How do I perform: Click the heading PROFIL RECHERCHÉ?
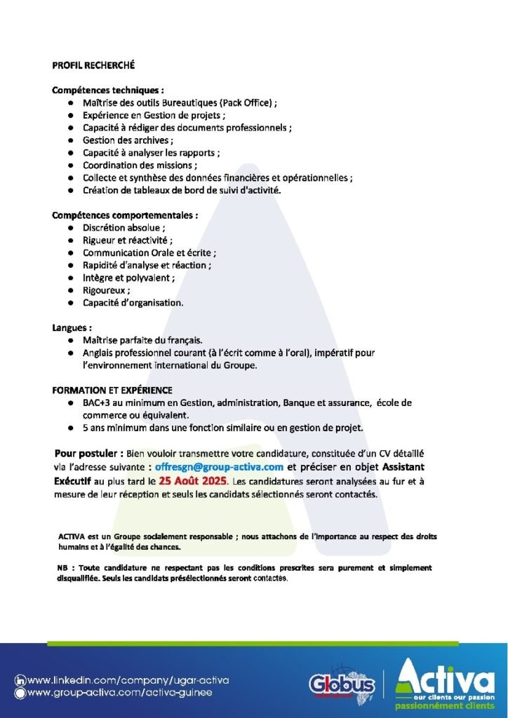pyautogui.click(x=93, y=65)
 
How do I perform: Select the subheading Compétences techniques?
pyautogui.click(x=107, y=90)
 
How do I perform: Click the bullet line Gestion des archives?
pyautogui.click(x=127, y=140)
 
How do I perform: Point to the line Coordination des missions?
pyautogui.click(x=139, y=165)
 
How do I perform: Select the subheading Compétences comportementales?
pyautogui.click(x=124, y=215)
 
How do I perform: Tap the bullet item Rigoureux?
pyautogui.click(x=106, y=290)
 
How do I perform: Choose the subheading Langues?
pyautogui.click(x=72, y=327)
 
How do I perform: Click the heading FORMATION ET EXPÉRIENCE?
pyautogui.click(x=112, y=390)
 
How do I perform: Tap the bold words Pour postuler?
pyautogui.click(x=88, y=453)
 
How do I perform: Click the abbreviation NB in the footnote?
pyautogui.click(x=62, y=567)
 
